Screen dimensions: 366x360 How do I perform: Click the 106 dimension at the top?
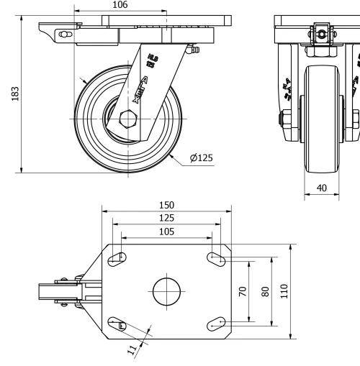click(x=120, y=5)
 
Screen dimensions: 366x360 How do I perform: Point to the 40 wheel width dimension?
click(x=321, y=187)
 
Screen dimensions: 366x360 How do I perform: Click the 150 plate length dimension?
click(x=167, y=205)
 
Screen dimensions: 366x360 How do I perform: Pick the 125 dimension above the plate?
click(x=167, y=218)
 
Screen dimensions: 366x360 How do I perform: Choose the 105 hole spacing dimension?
click(x=167, y=231)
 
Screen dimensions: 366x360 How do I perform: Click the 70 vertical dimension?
click(x=243, y=291)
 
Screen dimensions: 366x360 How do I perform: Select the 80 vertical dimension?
click(x=265, y=291)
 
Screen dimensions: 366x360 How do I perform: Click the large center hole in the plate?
click(x=167, y=291)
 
